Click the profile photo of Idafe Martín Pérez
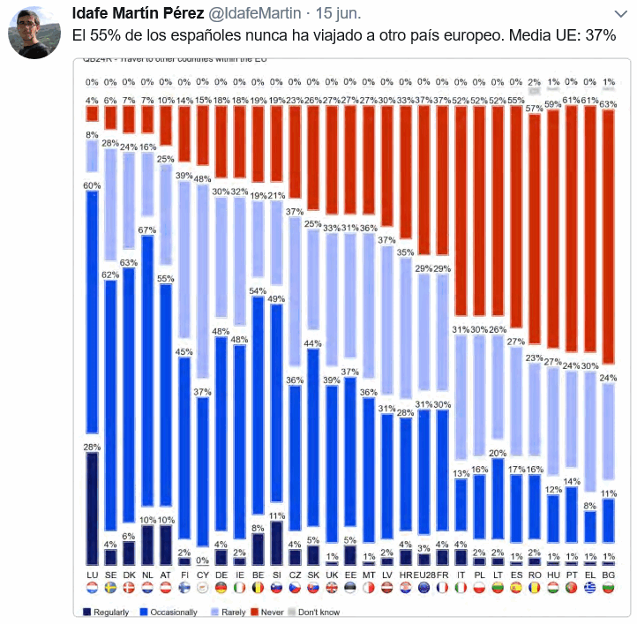click(x=34, y=34)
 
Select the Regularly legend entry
click(x=109, y=612)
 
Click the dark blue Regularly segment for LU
click(x=91, y=507)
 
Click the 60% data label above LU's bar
click(x=91, y=185)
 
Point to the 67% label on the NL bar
click(x=148, y=229)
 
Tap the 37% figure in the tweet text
click(x=601, y=34)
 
